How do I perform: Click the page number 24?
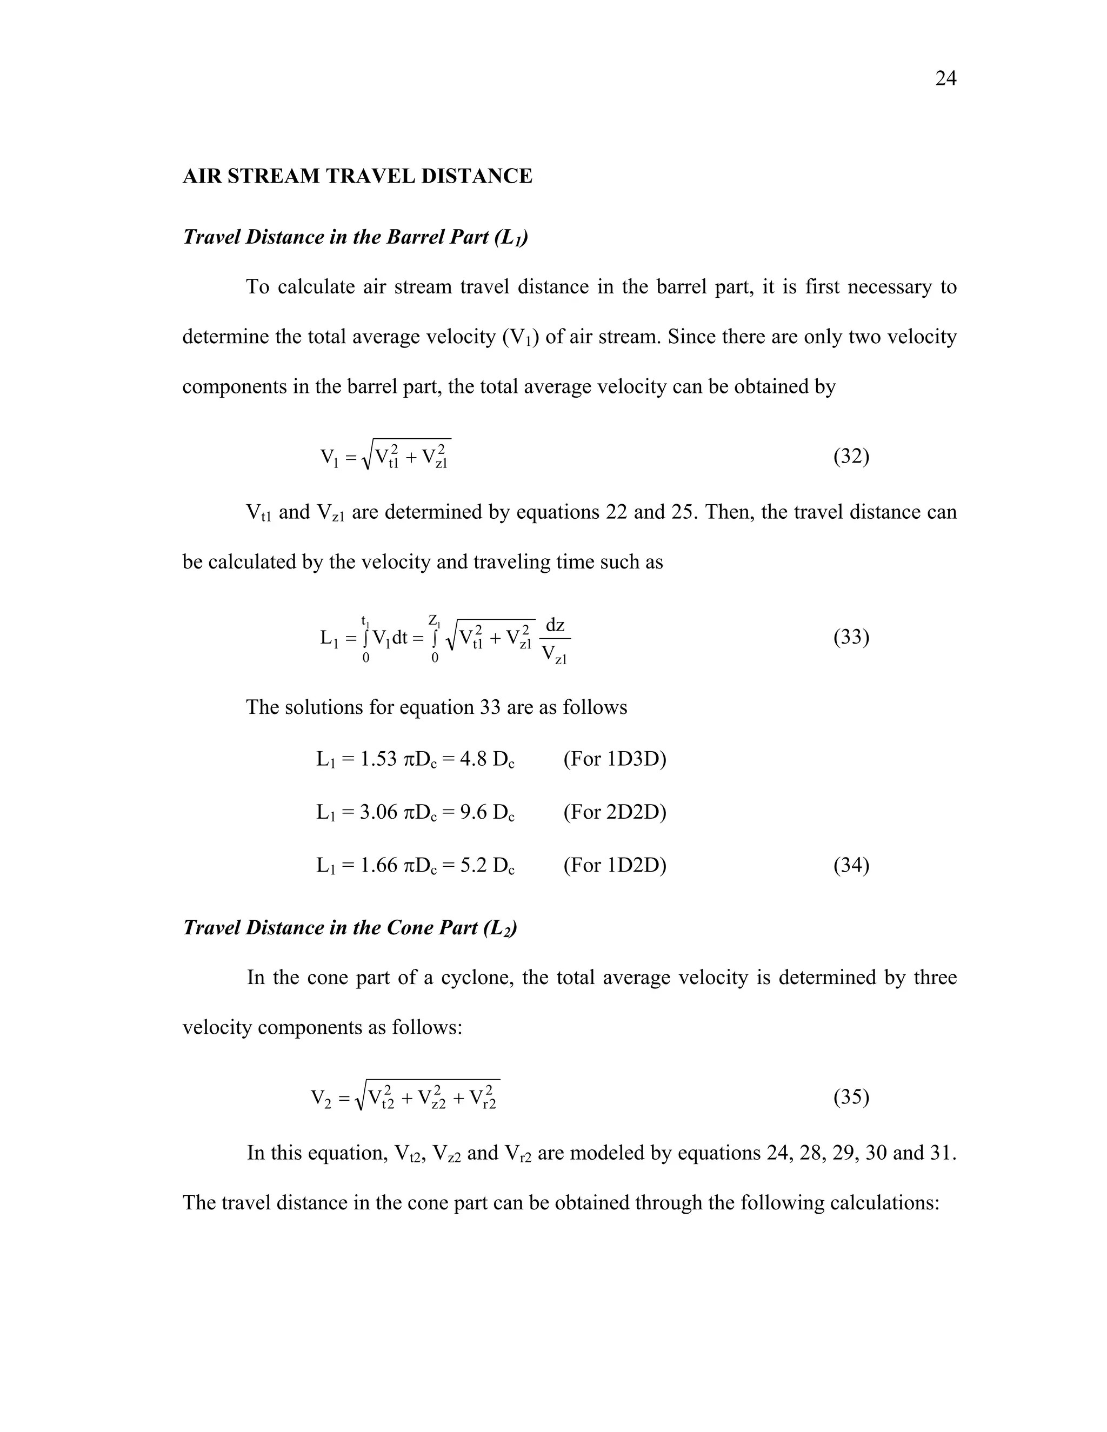[945, 79]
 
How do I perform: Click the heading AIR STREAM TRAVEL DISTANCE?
[357, 176]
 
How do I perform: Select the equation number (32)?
[851, 456]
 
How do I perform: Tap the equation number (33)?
[851, 637]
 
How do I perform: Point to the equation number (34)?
[851, 866]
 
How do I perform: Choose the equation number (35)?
[851, 1097]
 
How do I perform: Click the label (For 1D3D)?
[615, 759]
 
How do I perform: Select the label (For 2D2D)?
[615, 812]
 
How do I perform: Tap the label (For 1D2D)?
[615, 866]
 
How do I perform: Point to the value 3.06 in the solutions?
[379, 812]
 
